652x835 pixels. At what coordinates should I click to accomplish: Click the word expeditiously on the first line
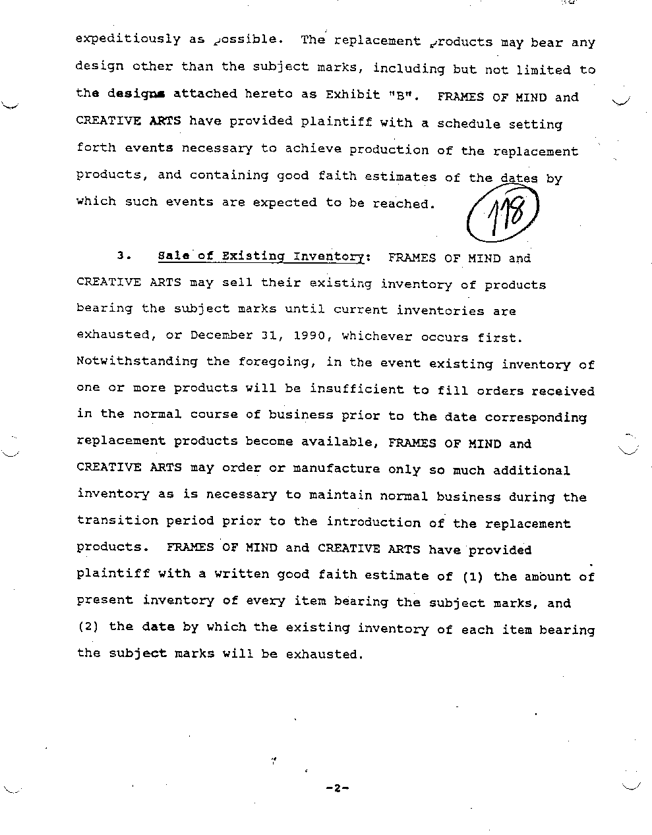(x=128, y=39)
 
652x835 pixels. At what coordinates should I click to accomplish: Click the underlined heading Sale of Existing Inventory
(x=262, y=256)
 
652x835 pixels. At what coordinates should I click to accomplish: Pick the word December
(x=221, y=335)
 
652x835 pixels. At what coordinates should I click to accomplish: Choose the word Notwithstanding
(x=137, y=361)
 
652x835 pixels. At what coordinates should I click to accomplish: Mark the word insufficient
(x=357, y=389)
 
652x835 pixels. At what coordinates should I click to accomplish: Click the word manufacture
(x=336, y=469)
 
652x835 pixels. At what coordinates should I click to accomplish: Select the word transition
(x=117, y=521)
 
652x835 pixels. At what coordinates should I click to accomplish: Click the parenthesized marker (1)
(x=473, y=577)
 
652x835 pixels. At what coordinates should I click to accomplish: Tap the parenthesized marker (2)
(x=88, y=626)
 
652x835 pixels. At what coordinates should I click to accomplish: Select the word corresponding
(x=535, y=417)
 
